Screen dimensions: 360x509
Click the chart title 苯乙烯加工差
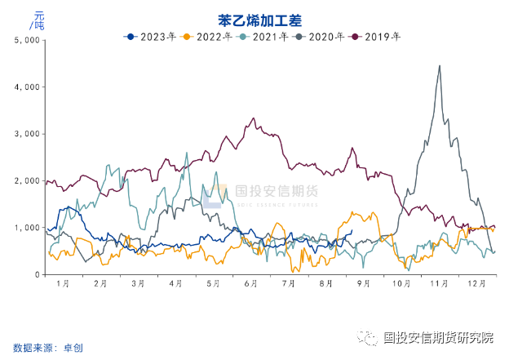point(254,19)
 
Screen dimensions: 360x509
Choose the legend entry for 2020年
point(321,36)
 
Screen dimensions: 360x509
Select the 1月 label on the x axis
point(63,283)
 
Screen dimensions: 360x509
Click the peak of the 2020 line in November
point(440,66)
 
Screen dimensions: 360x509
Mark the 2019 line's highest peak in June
point(253,119)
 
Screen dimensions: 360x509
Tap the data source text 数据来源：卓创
point(48,348)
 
